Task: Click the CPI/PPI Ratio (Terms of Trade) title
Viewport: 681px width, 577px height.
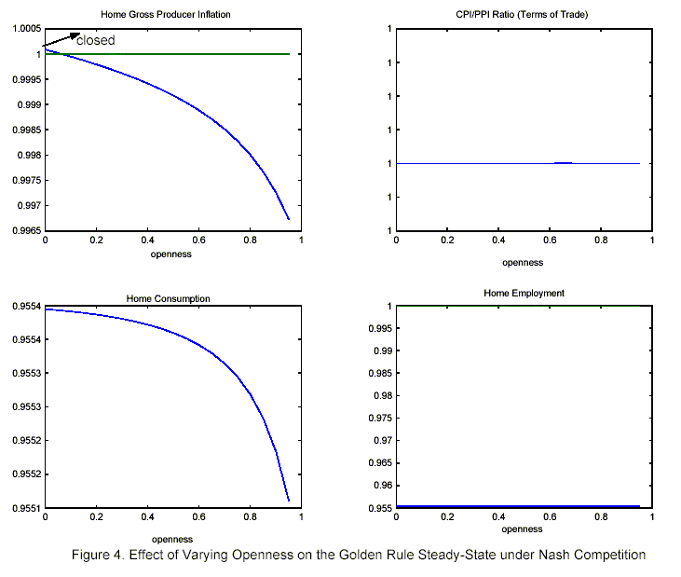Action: click(x=524, y=15)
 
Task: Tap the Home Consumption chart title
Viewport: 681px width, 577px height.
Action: click(x=168, y=298)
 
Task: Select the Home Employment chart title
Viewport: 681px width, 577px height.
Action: click(x=524, y=293)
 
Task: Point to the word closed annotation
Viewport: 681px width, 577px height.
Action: click(x=95, y=40)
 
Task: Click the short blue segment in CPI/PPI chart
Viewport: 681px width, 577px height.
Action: click(x=563, y=162)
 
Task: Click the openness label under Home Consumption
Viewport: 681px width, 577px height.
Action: click(x=171, y=539)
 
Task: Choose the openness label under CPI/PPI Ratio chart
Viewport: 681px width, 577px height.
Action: click(x=524, y=263)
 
